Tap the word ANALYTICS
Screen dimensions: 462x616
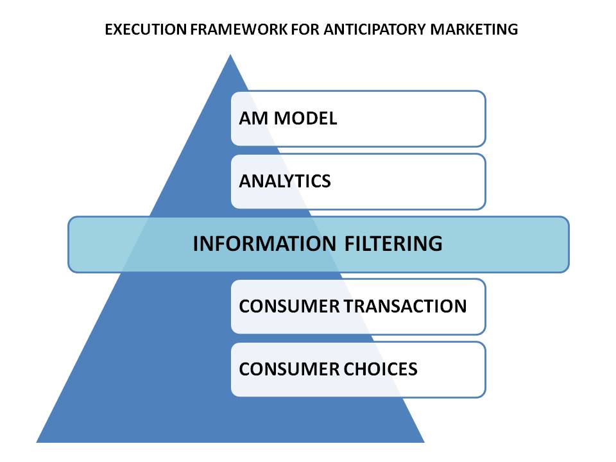(285, 182)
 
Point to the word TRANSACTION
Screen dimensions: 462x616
(406, 306)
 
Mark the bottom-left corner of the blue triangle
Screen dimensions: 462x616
(38, 441)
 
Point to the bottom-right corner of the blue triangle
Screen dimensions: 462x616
(424, 441)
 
